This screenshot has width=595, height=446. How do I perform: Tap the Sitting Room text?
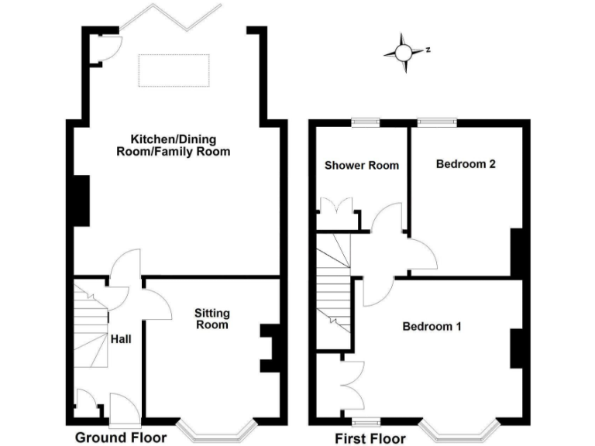click(x=212, y=319)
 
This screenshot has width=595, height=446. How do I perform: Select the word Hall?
click(x=120, y=339)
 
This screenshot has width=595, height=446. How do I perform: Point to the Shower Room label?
click(x=362, y=165)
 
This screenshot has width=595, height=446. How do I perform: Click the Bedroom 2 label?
click(x=465, y=164)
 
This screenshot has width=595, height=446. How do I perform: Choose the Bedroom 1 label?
click(x=432, y=326)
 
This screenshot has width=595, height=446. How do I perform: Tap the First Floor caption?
click(x=370, y=438)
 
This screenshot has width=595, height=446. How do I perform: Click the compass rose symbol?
click(x=404, y=53)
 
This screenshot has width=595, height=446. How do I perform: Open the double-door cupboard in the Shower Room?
click(x=339, y=212)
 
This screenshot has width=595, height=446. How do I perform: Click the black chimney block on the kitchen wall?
click(x=81, y=201)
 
